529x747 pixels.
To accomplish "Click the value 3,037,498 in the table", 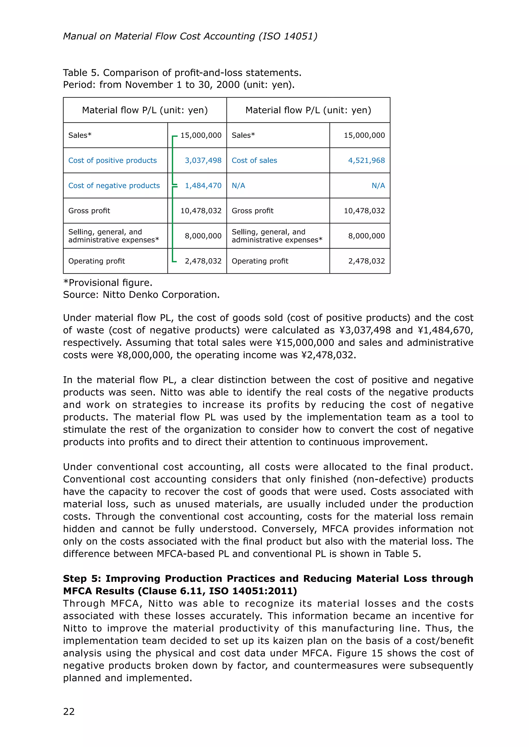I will tap(203, 160).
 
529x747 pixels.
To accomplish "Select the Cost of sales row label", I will tap(254, 160).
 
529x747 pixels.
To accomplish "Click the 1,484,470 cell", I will tap(203, 185).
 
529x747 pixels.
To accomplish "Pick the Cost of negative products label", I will tap(114, 185).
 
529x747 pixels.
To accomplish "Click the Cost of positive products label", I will tap(112, 160).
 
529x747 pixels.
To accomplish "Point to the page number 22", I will tap(69, 712).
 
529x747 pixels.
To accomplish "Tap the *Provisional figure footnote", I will tap(107, 282).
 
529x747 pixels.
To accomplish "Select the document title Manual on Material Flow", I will tap(190, 36).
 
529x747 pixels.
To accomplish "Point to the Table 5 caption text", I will tap(182, 72).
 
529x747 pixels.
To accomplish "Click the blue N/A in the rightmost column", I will tap(378, 185).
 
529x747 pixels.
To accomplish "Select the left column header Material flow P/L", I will tap(145, 110).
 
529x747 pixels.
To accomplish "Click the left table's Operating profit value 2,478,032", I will tap(203, 261).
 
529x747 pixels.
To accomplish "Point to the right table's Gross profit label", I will tap(252, 210).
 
